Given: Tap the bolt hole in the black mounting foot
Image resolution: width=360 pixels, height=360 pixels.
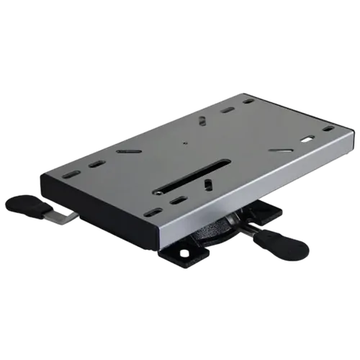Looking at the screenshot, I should tap(184, 253).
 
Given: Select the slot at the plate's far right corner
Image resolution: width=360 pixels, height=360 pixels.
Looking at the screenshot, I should tap(328, 129).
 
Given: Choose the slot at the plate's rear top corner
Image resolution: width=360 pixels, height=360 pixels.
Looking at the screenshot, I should tap(247, 101).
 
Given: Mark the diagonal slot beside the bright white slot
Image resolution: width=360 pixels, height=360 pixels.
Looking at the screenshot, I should tap(281, 150).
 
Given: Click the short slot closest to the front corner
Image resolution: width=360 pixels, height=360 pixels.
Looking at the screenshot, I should tap(153, 212).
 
